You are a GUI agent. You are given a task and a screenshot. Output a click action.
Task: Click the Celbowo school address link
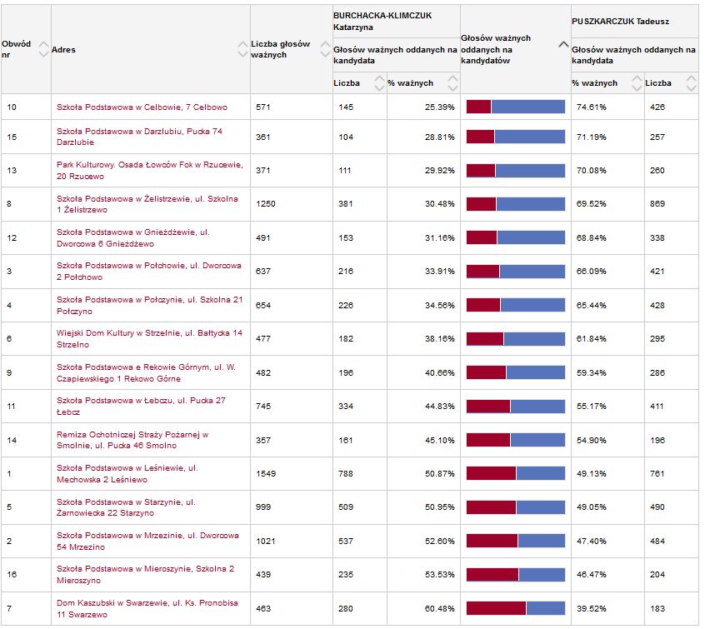(142, 107)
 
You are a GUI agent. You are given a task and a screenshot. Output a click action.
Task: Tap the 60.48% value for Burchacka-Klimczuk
(440, 608)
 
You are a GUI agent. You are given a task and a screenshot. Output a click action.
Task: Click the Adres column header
(64, 50)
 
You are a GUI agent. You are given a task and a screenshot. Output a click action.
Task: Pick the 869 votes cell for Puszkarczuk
(658, 204)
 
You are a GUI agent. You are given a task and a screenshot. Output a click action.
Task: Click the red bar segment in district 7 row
(496, 608)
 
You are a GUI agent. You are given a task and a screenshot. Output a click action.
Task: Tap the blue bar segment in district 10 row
(527, 107)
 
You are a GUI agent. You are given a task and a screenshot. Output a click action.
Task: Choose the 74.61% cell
(589, 107)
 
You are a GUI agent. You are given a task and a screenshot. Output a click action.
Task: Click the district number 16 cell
(12, 575)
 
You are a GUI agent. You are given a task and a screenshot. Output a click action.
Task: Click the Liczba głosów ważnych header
(280, 49)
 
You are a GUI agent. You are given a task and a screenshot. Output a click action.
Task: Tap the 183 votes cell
(657, 608)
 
